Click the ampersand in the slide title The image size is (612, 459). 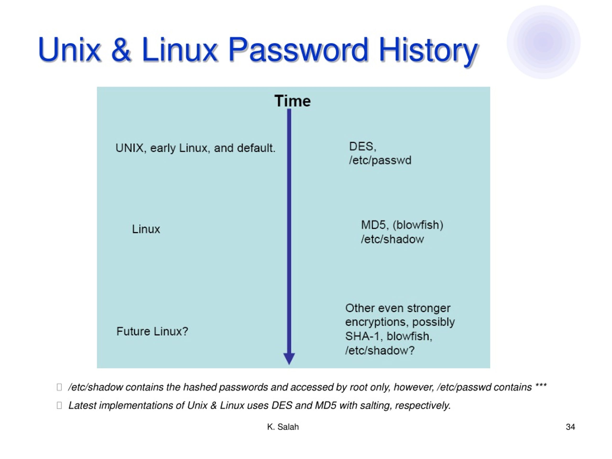point(121,49)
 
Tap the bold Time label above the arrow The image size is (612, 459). point(292,101)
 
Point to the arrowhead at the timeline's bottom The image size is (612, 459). point(289,359)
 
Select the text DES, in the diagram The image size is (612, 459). point(363,147)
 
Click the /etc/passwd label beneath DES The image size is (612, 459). point(380,160)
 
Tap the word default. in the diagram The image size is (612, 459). point(256,148)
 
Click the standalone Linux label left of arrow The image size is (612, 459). point(146,229)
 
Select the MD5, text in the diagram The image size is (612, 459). point(375,225)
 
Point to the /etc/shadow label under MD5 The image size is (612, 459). point(392,239)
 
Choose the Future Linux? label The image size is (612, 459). point(152,331)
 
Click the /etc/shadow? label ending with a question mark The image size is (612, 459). point(380,350)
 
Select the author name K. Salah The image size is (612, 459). point(283,427)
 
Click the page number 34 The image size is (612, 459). point(570,427)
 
